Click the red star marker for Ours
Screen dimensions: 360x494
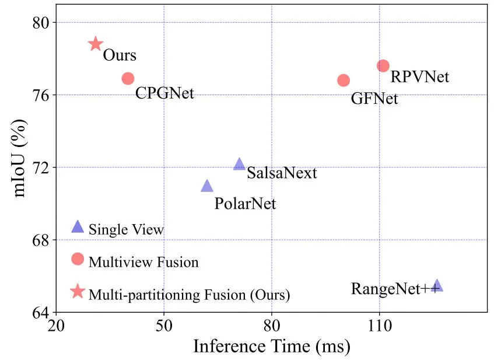tap(96, 44)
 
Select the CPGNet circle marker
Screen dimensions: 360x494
tap(128, 78)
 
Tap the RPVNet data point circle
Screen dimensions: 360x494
tap(383, 66)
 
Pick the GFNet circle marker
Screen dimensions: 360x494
tap(344, 80)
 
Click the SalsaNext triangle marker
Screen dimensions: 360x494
tap(239, 165)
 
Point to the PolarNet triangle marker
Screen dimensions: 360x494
tap(207, 186)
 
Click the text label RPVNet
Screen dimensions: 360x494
tap(419, 76)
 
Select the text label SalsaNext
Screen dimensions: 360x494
tap(282, 173)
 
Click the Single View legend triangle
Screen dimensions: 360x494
tap(78, 227)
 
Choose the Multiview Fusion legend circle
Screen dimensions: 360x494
tap(78, 259)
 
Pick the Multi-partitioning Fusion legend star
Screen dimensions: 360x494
tap(78, 291)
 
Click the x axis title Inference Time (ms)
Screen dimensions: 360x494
tap(271, 347)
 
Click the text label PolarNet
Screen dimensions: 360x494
tap(245, 204)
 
